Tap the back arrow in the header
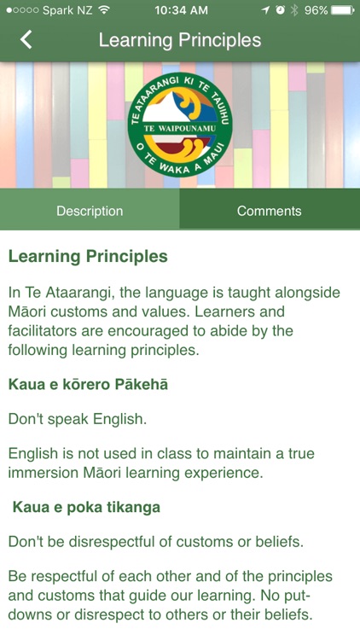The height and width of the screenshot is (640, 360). pyautogui.click(x=26, y=39)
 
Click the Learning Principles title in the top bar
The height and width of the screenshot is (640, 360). pyautogui.click(x=180, y=40)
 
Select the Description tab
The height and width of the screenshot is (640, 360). pyautogui.click(x=90, y=211)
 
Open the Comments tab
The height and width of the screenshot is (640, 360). pyautogui.click(x=270, y=211)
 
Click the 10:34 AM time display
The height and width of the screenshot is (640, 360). pyautogui.click(x=180, y=10)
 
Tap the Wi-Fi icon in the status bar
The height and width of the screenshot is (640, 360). pyautogui.click(x=104, y=10)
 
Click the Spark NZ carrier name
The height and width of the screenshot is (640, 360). pyautogui.click(x=68, y=10)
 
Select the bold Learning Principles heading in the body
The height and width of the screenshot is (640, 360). pyautogui.click(x=88, y=256)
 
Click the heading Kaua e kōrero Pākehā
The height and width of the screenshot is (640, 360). pyautogui.click(x=88, y=384)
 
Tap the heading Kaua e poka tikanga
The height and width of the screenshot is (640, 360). pyautogui.click(x=86, y=507)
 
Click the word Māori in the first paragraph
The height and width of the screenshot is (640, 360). pyautogui.click(x=27, y=311)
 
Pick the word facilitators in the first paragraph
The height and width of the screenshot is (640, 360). pyautogui.click(x=46, y=330)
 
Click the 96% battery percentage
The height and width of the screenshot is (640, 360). pyautogui.click(x=316, y=10)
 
